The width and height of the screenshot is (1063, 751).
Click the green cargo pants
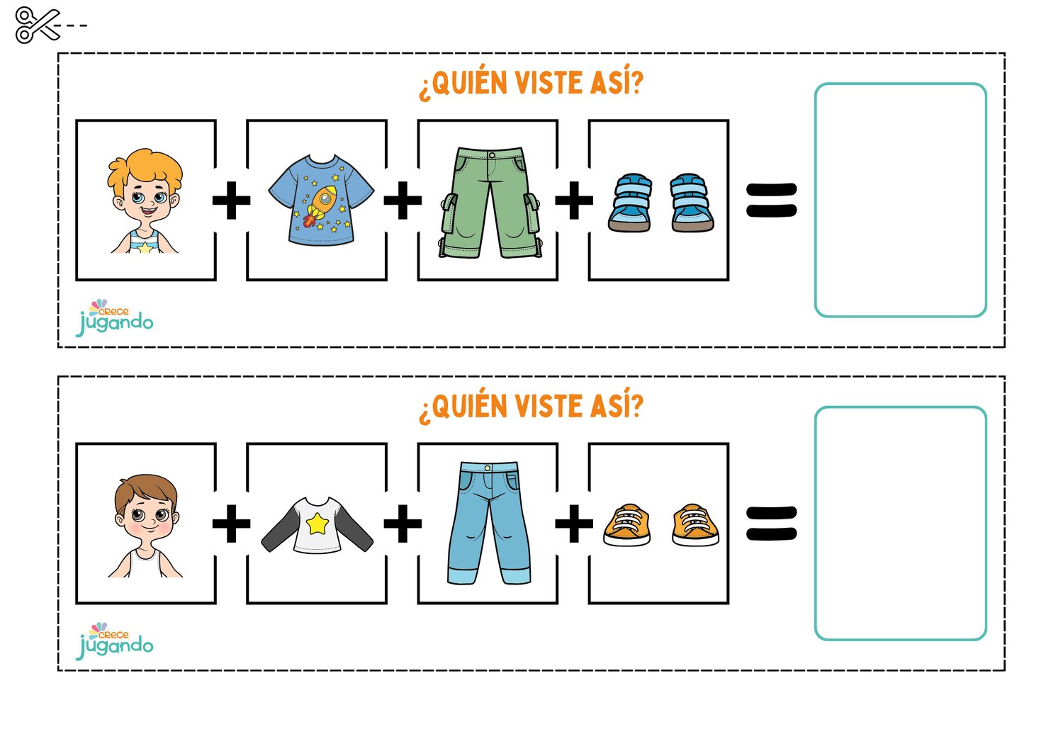click(488, 202)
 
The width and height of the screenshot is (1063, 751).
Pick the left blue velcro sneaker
click(630, 203)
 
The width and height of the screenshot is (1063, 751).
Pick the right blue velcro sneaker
click(692, 203)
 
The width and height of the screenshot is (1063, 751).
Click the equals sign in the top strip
click(772, 201)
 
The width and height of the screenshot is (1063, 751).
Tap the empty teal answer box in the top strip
click(900, 200)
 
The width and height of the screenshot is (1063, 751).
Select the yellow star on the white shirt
click(317, 524)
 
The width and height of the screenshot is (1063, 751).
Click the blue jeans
click(489, 523)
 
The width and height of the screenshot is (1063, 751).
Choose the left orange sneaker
click(627, 525)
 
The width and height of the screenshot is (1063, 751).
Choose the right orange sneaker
click(695, 525)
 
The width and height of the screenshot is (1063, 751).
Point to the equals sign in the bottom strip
click(772, 524)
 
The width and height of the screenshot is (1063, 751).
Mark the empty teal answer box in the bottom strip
click(900, 524)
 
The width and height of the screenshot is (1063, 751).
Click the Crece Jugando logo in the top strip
click(115, 318)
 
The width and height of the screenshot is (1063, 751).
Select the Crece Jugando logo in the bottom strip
click(115, 641)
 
